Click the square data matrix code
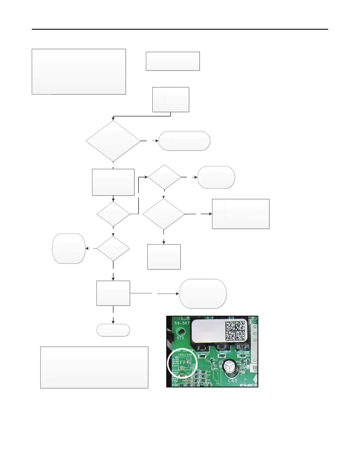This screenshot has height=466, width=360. coord(235,330)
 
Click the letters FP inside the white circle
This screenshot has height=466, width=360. coord(182,362)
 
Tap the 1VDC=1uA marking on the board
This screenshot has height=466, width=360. coord(185,355)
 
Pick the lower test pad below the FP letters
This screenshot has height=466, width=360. coord(182,368)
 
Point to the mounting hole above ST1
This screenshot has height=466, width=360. coord(180,332)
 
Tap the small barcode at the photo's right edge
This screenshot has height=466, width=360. coord(255,369)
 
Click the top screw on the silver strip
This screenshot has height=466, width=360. coord(255,327)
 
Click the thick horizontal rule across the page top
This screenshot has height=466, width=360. coord(180,29)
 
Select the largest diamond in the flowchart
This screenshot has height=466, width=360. coord(113,141)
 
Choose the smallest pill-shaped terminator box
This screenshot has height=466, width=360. coord(113,330)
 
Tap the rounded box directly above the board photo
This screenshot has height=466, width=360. coord(203,294)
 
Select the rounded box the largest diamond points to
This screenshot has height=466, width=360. coord(184,141)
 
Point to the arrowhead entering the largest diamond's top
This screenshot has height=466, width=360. coord(113,119)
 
